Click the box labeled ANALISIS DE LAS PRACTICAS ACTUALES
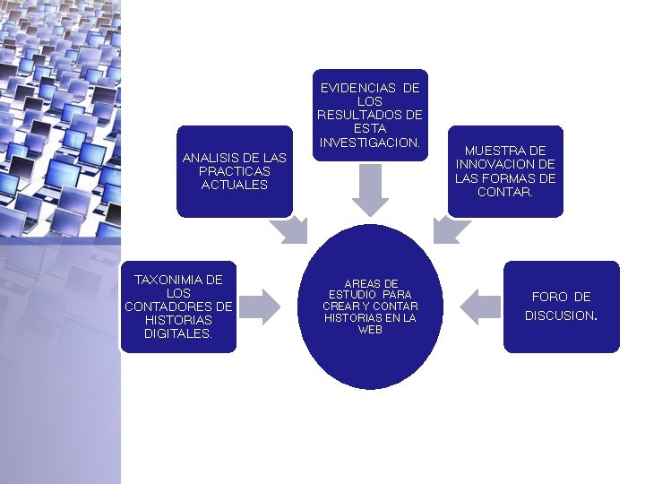tap(235, 171)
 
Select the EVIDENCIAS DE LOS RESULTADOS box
tap(370, 116)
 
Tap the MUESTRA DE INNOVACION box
tap(505, 170)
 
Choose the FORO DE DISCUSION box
tap(561, 307)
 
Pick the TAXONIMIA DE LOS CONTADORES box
tap(178, 307)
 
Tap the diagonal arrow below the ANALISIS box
tap(289, 229)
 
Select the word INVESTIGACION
tap(369, 143)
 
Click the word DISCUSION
tap(560, 315)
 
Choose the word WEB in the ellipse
tap(370, 330)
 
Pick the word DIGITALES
tap(178, 334)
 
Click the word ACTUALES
tap(235, 185)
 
